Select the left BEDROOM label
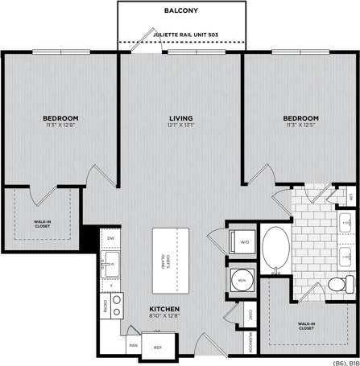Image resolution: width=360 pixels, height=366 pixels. click(60, 119)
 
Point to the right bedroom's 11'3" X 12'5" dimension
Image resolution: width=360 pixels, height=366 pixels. click(300, 125)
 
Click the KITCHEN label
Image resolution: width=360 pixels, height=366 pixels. click(163, 309)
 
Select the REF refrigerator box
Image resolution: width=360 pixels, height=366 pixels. click(158, 347)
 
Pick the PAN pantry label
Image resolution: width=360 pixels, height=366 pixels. click(132, 347)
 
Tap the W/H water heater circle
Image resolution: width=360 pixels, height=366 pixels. click(240, 280)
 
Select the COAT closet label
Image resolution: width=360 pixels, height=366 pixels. click(250, 315)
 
